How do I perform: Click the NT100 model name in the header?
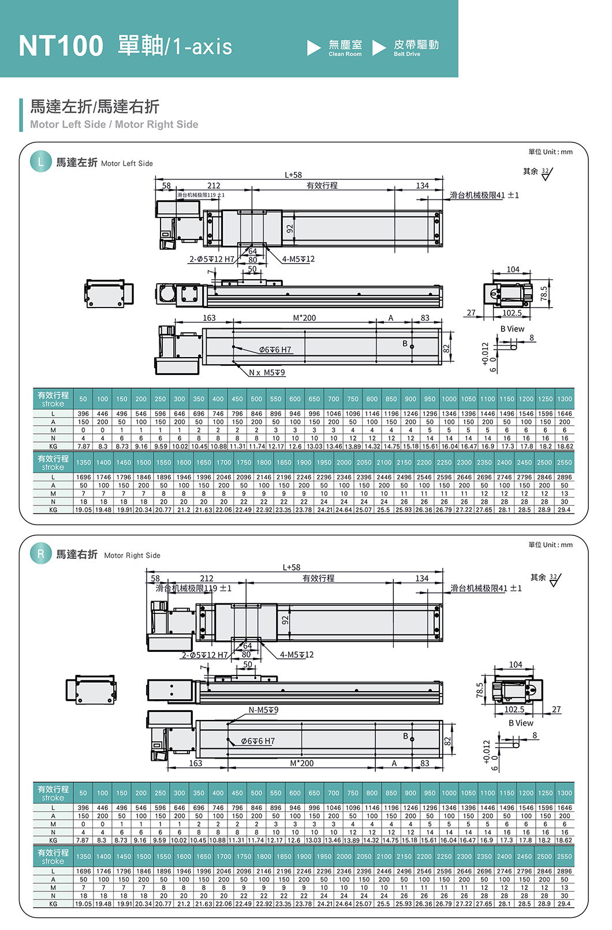61,46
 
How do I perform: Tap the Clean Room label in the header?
345,54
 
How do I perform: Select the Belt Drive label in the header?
407,54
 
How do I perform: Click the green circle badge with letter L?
40,162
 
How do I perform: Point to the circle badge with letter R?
40,554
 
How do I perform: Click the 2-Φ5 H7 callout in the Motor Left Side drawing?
211,260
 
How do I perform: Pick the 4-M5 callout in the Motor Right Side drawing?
297,655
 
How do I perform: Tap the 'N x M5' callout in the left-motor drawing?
267,373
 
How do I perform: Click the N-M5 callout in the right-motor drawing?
263,710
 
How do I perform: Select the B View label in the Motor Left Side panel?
512,329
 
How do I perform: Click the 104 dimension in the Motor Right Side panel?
516,665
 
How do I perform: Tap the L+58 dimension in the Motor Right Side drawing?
292,568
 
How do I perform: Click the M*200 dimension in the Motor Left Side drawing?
304,318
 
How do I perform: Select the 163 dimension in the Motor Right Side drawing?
196,763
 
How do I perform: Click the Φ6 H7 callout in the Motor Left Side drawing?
275,350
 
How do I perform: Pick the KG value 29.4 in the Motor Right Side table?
564,904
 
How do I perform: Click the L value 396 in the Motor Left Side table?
83,414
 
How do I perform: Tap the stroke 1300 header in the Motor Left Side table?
565,399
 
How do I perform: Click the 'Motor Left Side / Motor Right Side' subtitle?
114,125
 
